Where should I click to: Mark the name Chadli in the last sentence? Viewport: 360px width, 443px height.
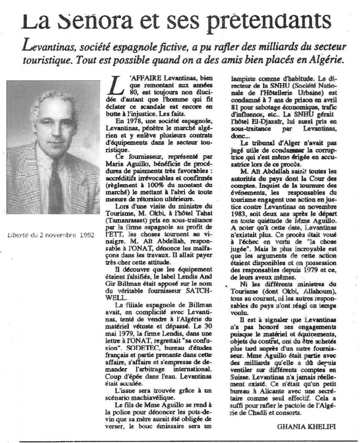[252, 414]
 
